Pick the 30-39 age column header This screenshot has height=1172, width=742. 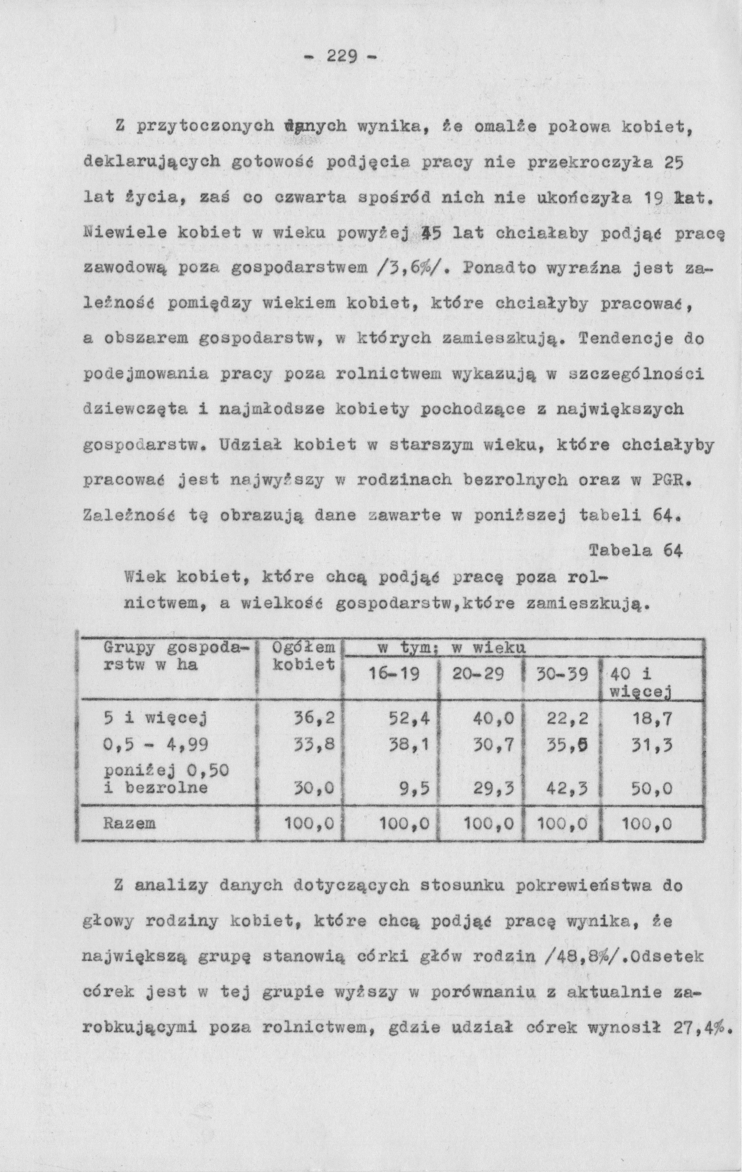(x=562, y=674)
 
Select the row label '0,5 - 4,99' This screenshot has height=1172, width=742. (x=156, y=744)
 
